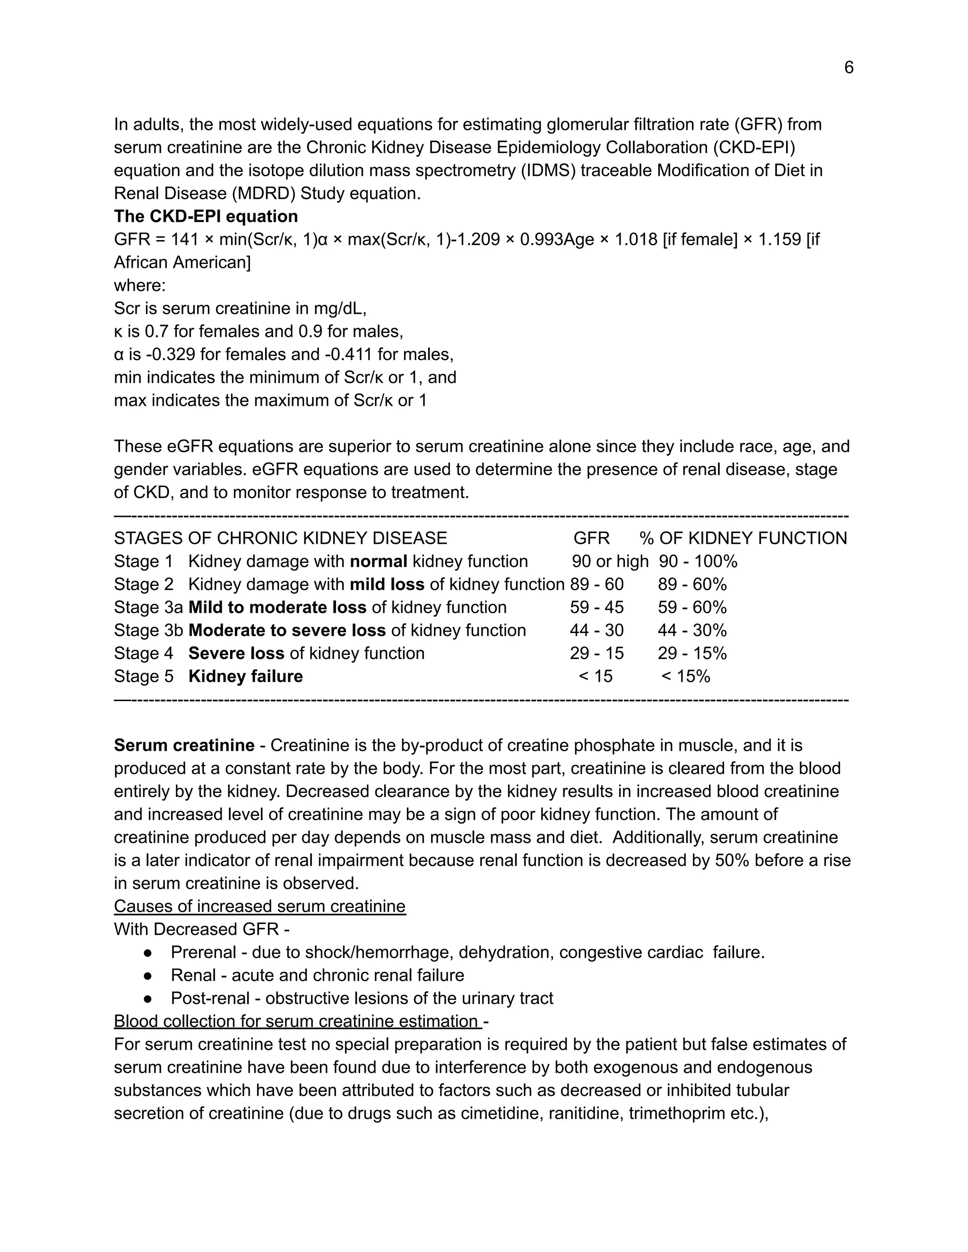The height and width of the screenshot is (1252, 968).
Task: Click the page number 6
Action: [848, 68]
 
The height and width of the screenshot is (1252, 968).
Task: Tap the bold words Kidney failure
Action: [245, 677]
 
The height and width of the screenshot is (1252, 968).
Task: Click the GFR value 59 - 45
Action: [596, 608]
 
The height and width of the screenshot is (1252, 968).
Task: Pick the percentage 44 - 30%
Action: [691, 631]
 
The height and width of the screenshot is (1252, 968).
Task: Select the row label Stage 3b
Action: [148, 631]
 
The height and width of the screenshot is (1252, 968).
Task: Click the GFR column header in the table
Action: [591, 538]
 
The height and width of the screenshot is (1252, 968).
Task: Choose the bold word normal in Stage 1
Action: [379, 562]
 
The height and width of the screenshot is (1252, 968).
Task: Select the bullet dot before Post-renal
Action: [148, 999]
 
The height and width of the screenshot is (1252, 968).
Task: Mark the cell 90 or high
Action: [610, 562]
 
